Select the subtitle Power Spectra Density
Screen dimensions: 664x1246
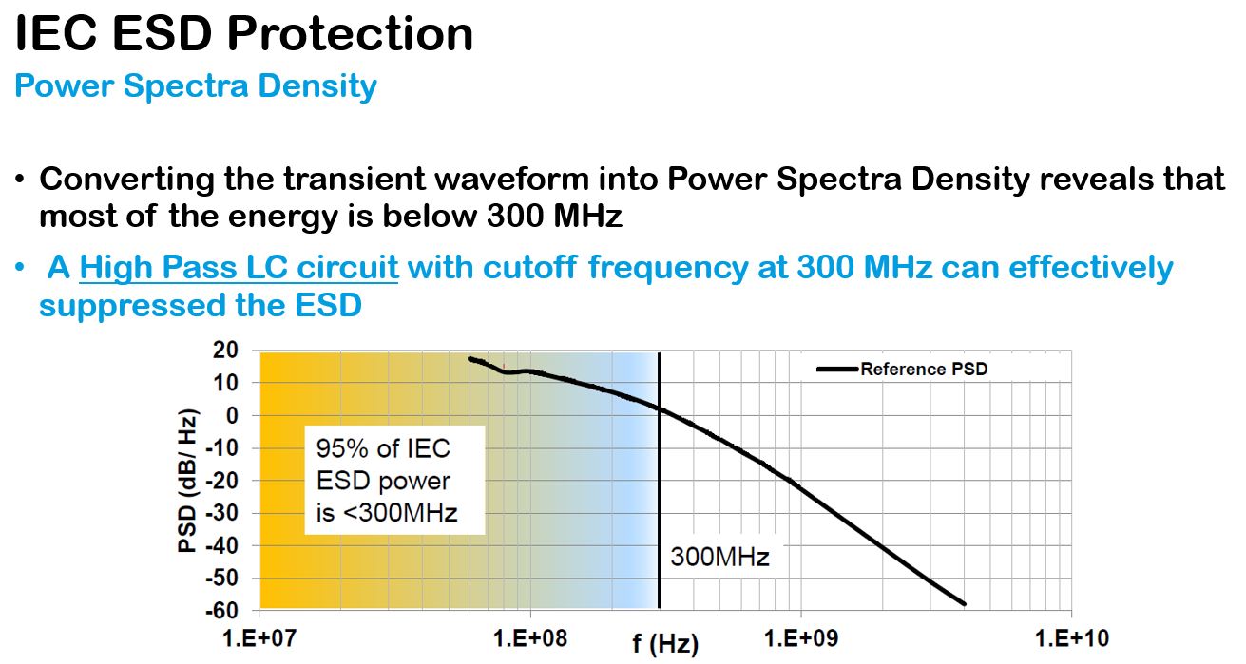(196, 86)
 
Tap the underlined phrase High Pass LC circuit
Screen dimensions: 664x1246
(239, 268)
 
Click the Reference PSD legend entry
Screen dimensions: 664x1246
(923, 369)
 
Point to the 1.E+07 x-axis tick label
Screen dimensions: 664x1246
(259, 637)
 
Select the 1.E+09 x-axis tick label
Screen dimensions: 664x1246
(801, 637)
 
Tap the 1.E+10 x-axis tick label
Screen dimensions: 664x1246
(1072, 637)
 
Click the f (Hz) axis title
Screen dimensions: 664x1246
(665, 645)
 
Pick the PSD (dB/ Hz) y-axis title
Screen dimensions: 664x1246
(188, 480)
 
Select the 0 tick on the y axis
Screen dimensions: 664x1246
(231, 415)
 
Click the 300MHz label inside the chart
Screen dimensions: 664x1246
(719, 557)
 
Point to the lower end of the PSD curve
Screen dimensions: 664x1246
(965, 603)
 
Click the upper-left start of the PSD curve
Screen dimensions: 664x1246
(470, 359)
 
